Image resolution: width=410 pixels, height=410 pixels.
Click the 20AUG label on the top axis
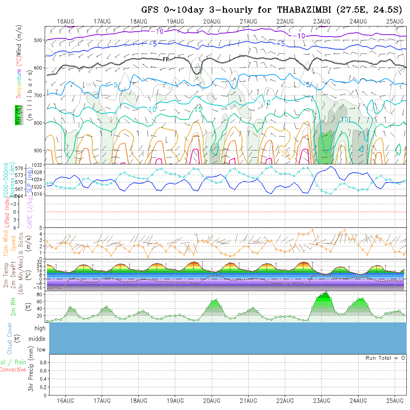(212, 21)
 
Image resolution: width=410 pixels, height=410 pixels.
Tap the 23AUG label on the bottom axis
(321, 401)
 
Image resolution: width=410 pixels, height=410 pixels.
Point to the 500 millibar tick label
(39, 40)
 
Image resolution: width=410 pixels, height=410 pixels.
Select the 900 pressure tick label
(39, 151)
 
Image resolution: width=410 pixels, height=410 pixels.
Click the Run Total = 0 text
(385, 358)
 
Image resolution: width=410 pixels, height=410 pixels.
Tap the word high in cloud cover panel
(40, 328)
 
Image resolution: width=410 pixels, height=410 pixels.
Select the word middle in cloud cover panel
(37, 339)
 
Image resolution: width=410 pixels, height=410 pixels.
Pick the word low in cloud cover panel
(41, 350)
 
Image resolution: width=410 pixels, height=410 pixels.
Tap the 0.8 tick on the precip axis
(43, 362)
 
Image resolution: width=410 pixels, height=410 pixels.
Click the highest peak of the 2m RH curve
(326, 292)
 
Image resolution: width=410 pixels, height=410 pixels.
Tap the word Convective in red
(13, 370)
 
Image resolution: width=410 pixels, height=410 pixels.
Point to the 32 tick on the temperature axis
(39, 262)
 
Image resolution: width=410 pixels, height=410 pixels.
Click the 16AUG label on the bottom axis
(65, 401)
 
